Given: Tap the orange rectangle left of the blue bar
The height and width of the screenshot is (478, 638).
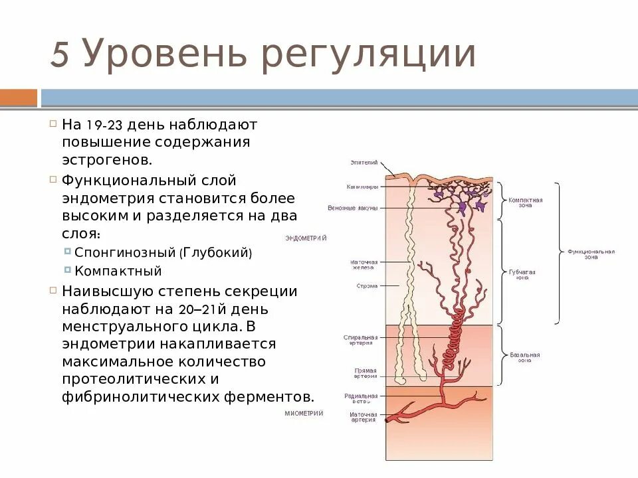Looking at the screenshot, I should click(x=19, y=98).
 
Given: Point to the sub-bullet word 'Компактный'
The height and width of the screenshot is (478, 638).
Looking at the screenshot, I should click(x=118, y=271).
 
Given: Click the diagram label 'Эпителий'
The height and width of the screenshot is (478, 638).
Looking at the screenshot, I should click(x=364, y=162).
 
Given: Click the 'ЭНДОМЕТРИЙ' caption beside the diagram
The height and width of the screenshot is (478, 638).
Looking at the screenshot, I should click(x=306, y=238).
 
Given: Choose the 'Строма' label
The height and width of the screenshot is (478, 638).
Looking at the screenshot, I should click(x=366, y=286).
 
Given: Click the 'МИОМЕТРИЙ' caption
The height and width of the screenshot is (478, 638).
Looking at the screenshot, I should click(x=304, y=413).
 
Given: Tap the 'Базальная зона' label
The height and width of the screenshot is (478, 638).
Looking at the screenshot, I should click(x=525, y=357).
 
